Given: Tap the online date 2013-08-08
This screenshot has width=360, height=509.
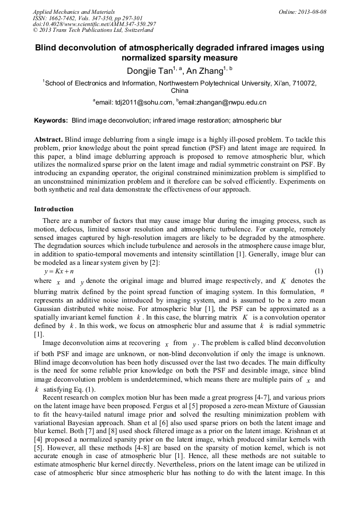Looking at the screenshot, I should (312, 12).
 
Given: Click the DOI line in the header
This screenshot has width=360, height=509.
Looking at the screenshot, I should (94, 24).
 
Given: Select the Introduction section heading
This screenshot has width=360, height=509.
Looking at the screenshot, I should (54, 209).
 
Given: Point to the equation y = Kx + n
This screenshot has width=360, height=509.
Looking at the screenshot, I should (60, 271).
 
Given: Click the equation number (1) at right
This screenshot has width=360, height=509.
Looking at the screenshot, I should (319, 271).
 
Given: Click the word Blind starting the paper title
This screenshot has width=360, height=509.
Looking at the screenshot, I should (47, 48).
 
